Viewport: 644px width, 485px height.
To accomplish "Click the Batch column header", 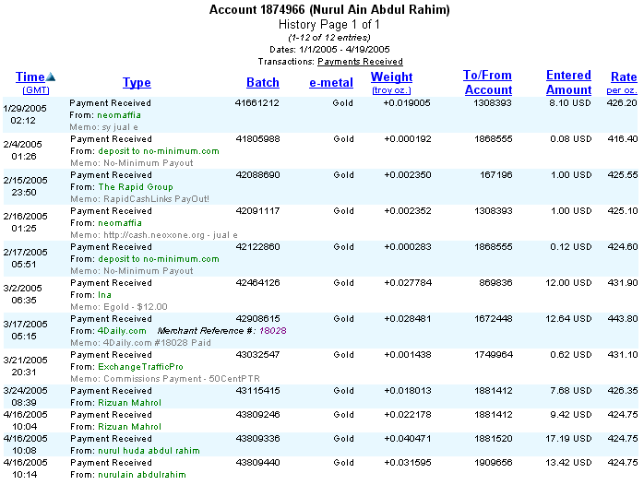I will (x=262, y=83).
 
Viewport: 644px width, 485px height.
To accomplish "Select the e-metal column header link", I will (x=330, y=83).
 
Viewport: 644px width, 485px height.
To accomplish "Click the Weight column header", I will (x=391, y=77).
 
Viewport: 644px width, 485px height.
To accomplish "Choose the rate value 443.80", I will (x=623, y=318).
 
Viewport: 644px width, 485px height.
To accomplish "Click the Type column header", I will (x=137, y=83).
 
